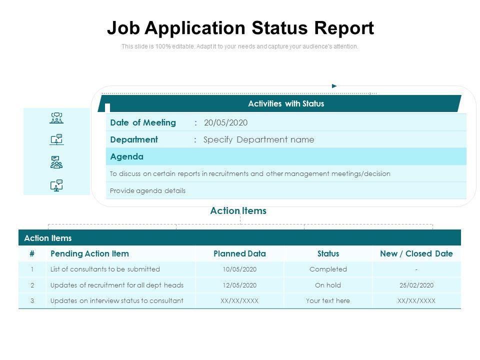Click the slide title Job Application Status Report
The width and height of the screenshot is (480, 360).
tap(240, 28)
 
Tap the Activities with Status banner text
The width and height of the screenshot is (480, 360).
tap(286, 104)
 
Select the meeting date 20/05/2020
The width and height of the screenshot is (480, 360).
tap(225, 123)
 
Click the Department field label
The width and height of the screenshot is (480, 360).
tap(133, 140)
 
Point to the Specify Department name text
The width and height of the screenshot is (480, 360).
tap(259, 140)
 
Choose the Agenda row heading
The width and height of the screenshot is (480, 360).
tap(126, 156)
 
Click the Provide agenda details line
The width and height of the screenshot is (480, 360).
tap(147, 190)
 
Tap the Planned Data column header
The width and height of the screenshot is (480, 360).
tap(239, 254)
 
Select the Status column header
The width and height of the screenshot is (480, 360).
tap(328, 254)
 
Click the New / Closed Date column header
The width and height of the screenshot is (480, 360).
tap(416, 254)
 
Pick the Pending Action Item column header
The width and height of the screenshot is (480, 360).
tap(89, 254)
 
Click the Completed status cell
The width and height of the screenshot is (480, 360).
tap(328, 269)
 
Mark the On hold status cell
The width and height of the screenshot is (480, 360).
tap(328, 285)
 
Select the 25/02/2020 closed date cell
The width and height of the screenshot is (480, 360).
tap(416, 285)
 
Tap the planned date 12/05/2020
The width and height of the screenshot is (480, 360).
tap(239, 285)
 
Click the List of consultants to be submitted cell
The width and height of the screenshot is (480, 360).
tap(105, 269)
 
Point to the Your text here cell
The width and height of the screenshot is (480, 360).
tap(328, 301)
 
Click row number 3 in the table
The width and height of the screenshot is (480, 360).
tap(32, 301)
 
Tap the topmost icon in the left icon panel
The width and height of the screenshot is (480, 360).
tap(56, 118)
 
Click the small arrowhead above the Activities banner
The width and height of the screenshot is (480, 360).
tap(334, 86)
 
